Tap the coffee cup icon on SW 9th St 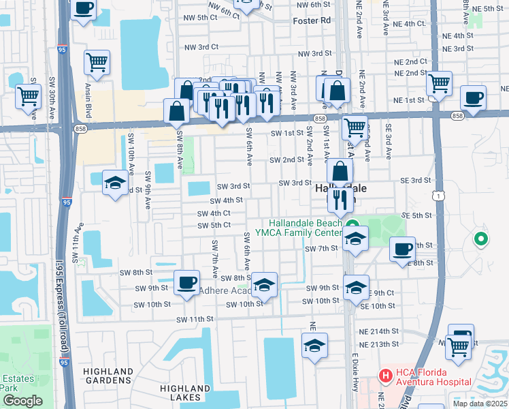tap(186, 282)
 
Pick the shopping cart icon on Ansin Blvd tap(97, 62)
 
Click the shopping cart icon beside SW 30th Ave tap(29, 96)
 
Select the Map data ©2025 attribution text tap(480, 404)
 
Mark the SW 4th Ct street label tap(214, 213)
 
